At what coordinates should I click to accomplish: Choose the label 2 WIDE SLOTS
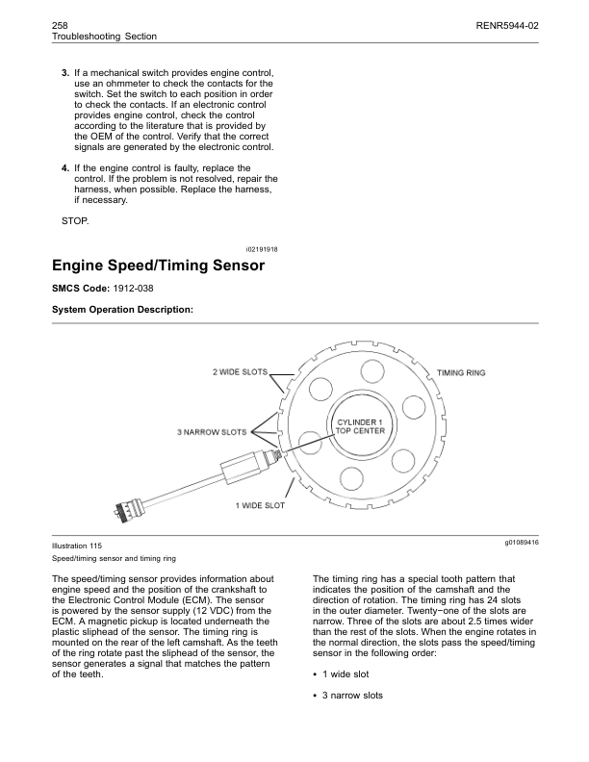pos(240,371)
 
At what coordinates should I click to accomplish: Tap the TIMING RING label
pos(461,371)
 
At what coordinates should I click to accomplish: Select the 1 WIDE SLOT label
pos(260,504)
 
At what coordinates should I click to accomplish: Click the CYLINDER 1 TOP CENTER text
pos(360,426)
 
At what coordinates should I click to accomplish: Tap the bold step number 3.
pos(64,73)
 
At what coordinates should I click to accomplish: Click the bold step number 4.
pos(64,168)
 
